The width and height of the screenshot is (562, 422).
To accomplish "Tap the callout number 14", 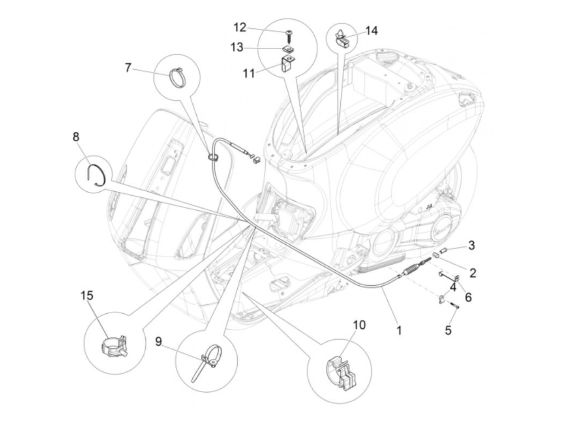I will coord(371,31).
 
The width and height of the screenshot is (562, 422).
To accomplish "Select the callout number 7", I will coord(128,68).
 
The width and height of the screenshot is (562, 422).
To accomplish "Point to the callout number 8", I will coord(76,137).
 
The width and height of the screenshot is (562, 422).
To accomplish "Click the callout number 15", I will coord(87,296).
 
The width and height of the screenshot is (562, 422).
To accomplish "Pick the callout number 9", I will coord(159,341).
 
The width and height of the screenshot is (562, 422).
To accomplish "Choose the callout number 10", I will coord(359,325).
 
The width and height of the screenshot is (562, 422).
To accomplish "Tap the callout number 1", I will coord(399,331).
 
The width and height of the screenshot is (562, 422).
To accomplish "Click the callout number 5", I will coord(448,330).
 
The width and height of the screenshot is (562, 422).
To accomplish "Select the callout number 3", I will coord(472,245).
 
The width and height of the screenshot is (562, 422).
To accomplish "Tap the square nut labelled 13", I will coord(287,49).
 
